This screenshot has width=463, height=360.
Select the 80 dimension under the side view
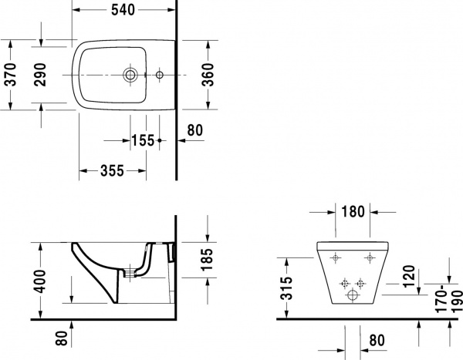click(61, 338)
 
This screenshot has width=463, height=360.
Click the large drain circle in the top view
click(131, 76)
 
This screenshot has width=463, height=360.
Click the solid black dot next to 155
click(159, 141)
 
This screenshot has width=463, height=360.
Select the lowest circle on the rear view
click(354, 295)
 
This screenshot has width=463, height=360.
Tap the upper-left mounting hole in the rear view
click(336, 257)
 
